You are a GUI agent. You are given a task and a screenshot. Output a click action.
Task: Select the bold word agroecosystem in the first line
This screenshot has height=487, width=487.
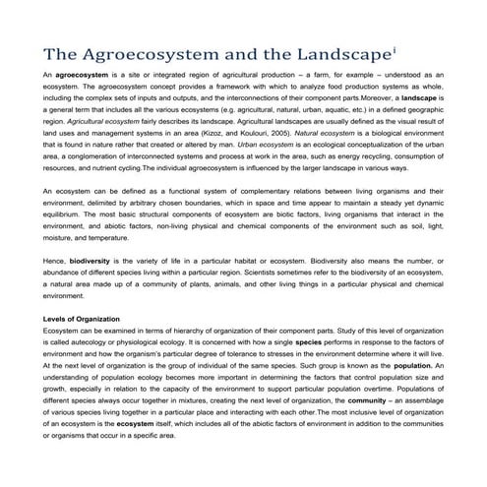(84, 75)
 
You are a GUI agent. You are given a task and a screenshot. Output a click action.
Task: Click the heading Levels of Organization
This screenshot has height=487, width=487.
(82, 319)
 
